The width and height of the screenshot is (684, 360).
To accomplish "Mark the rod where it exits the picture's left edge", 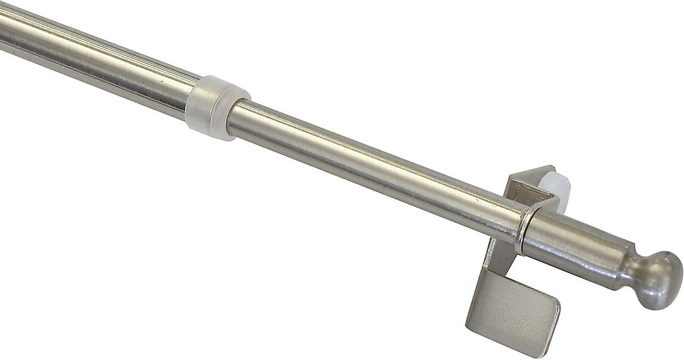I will pos(2,30).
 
